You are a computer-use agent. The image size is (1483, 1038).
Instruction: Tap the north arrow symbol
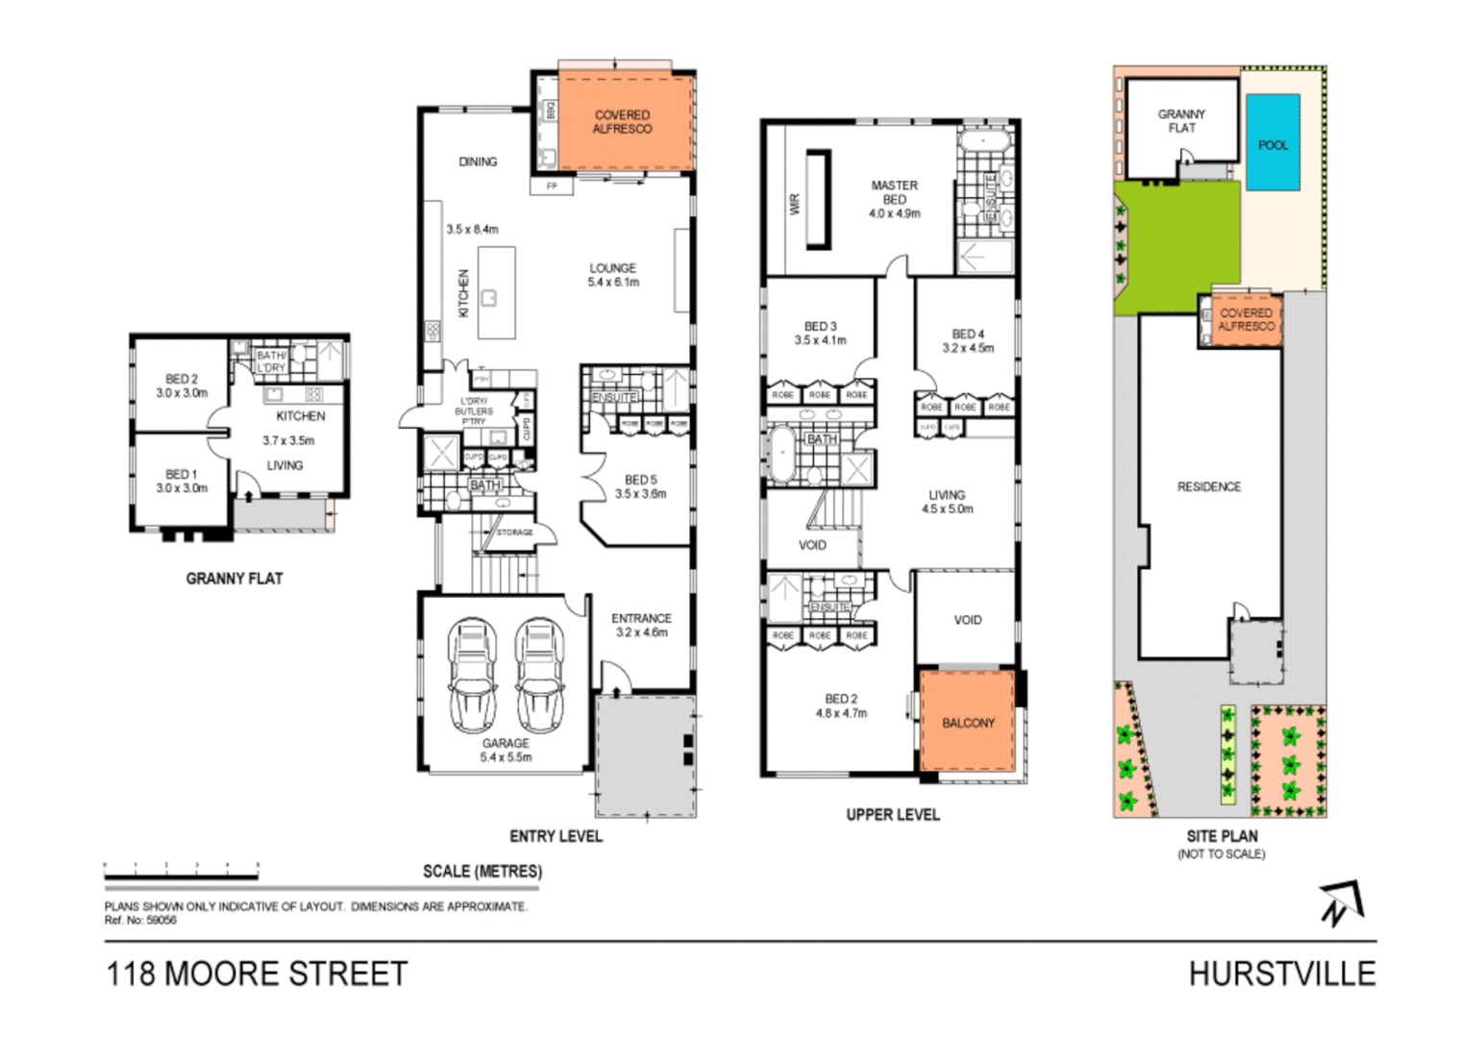click(x=1340, y=902)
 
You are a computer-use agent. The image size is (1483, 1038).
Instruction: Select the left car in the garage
click(x=471, y=676)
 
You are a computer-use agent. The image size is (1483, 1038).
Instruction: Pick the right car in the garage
click(x=539, y=676)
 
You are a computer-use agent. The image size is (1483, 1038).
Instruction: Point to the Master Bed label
click(x=894, y=192)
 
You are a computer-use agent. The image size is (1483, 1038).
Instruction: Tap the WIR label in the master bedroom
click(x=795, y=204)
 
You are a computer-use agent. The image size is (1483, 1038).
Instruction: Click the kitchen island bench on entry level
click(x=496, y=293)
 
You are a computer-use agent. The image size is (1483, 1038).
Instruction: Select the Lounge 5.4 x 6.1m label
click(x=613, y=275)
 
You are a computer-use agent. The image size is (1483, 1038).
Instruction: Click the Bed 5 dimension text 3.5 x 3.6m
click(x=640, y=494)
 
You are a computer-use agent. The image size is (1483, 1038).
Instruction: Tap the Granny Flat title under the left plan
click(x=234, y=579)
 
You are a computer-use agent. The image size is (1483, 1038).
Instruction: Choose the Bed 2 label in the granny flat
click(x=182, y=379)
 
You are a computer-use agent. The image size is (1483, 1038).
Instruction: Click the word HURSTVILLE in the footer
click(x=1281, y=974)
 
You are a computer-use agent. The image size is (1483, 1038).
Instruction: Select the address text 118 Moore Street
click(x=257, y=974)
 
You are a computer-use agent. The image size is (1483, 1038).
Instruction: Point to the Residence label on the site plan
click(x=1208, y=487)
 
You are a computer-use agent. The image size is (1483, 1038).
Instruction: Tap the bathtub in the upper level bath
click(x=781, y=454)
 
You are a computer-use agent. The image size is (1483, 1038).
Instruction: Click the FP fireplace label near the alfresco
click(x=552, y=185)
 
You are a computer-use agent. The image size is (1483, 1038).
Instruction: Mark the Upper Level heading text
click(x=892, y=815)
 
